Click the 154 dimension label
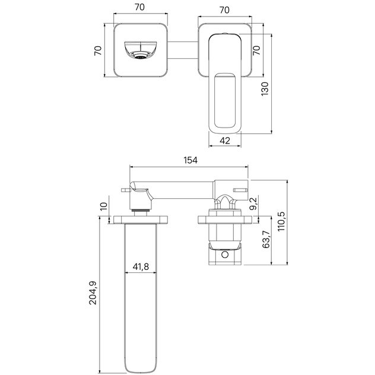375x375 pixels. [190, 160]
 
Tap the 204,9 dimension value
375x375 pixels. [93, 293]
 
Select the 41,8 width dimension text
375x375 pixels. [141, 266]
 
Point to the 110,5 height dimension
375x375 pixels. [281, 221]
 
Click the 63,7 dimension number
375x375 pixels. [266, 239]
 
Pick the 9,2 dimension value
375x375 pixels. [253, 203]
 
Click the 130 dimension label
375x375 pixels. [265, 89]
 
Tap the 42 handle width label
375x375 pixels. [224, 141]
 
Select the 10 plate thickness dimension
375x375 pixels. [104, 206]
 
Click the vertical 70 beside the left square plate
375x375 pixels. [98, 50]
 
